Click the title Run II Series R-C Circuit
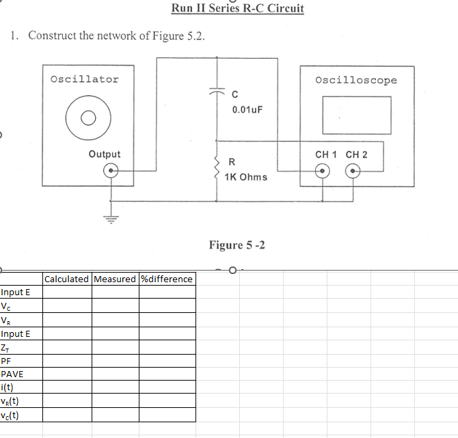(x=237, y=8)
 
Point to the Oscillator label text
(x=84, y=79)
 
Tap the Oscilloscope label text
(x=355, y=80)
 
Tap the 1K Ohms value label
(x=246, y=177)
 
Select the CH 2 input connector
(x=353, y=172)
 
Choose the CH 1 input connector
(x=322, y=172)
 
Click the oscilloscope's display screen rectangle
(x=357, y=115)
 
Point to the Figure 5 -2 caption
(x=237, y=245)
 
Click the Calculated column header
(x=66, y=279)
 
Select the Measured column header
(x=115, y=279)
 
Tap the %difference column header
(x=167, y=279)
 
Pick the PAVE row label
(x=12, y=374)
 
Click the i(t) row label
(x=8, y=387)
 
